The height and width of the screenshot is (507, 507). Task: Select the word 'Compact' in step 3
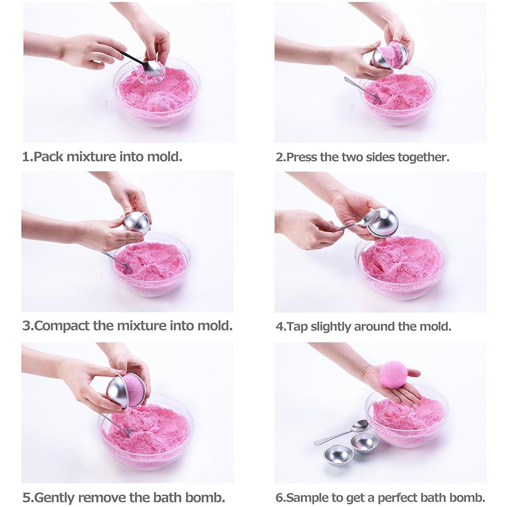tap(62, 326)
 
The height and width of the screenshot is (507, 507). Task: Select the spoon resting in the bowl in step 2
tap(363, 90)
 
